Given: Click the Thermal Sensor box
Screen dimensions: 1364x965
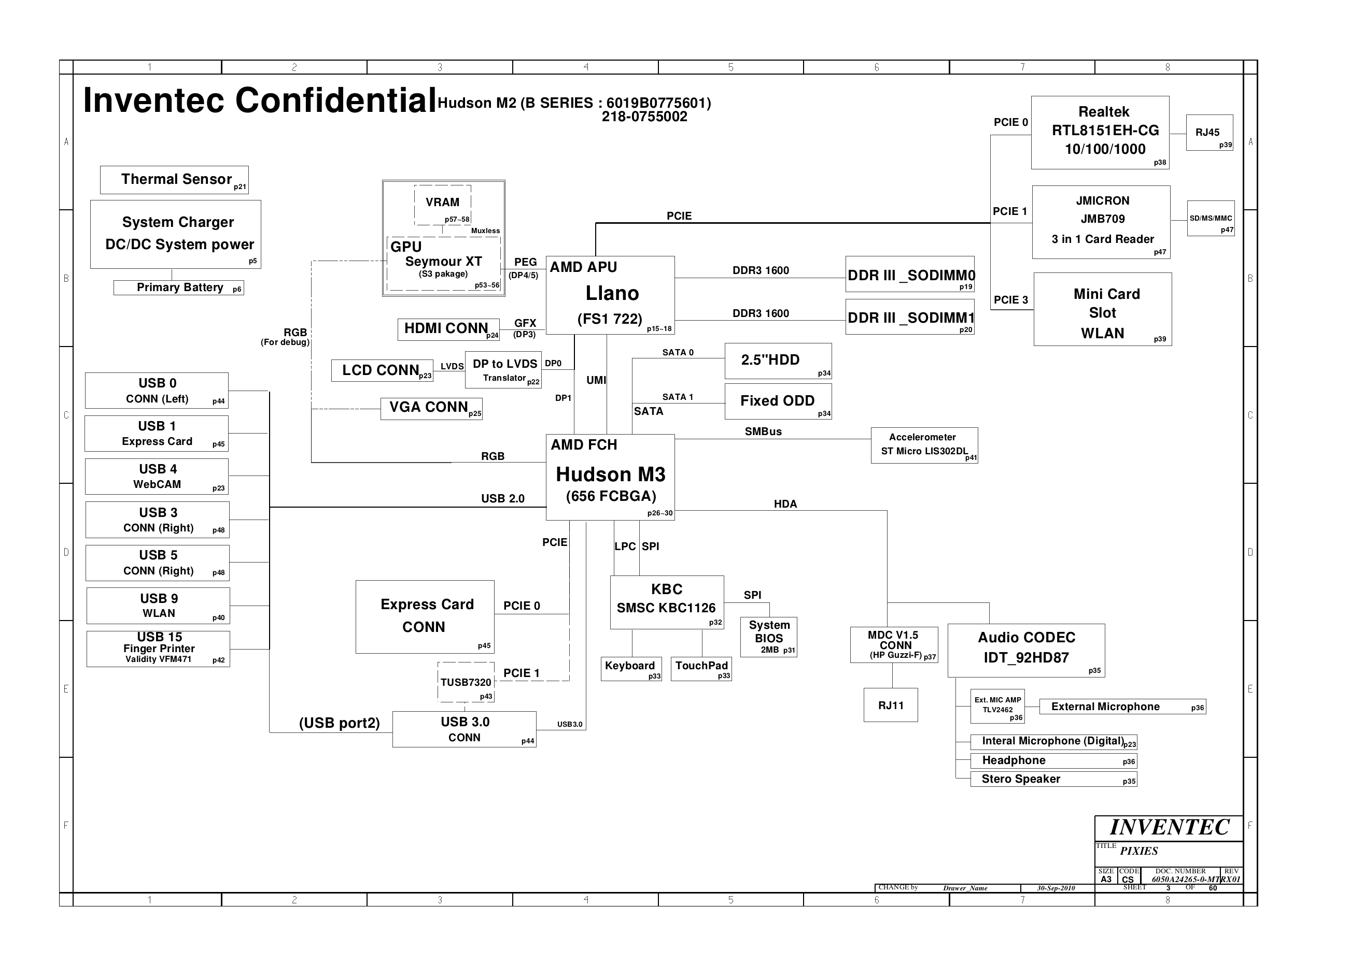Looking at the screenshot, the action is click(174, 180).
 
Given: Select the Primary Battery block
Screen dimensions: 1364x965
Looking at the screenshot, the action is click(178, 287).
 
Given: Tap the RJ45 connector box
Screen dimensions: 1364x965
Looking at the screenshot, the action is click(1210, 133).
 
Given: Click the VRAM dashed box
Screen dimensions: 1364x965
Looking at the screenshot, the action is click(443, 205).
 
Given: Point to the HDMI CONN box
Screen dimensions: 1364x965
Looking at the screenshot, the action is click(448, 330).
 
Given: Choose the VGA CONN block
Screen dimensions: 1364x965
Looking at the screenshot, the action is click(432, 408).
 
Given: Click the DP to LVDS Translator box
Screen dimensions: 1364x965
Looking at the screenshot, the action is click(503, 370).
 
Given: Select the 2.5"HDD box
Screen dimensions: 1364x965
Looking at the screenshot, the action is click(778, 361).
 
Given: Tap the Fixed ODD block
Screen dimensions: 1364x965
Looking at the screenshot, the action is click(778, 401).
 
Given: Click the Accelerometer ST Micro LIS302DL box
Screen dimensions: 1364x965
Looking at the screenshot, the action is click(924, 445).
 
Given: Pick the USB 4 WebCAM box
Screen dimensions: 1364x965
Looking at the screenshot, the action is click(157, 477).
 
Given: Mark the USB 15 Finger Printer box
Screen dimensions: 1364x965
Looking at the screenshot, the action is click(158, 649).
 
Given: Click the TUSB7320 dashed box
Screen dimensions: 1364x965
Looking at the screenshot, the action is click(466, 682).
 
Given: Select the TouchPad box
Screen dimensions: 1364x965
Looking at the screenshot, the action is click(701, 669).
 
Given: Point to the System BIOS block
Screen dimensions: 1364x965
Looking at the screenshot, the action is click(769, 637).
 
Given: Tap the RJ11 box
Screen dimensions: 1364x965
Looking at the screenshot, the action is click(891, 705).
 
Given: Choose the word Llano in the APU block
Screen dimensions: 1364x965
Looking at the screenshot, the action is click(612, 293).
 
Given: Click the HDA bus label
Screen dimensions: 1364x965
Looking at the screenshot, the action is click(785, 504).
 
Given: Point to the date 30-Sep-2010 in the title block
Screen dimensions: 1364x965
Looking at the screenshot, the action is click(1056, 888).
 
